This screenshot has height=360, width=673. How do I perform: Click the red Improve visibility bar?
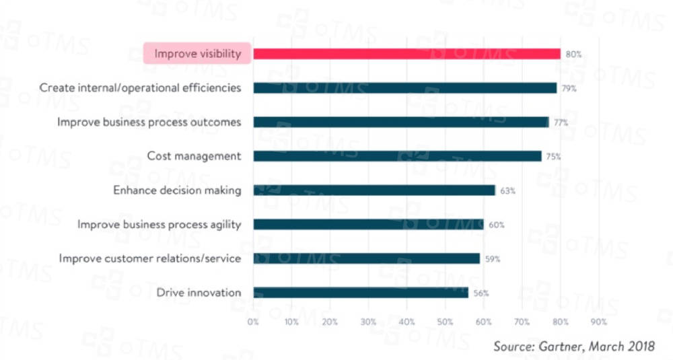pos(406,54)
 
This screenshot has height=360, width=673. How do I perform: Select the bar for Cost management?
pos(397,156)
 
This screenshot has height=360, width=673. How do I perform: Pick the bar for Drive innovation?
pos(361,293)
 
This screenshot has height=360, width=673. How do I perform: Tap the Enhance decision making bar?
pos(374,190)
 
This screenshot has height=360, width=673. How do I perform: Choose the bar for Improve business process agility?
pos(368,225)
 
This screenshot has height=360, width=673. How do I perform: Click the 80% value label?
pos(573,54)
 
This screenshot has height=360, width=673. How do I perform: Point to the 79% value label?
pos(569,88)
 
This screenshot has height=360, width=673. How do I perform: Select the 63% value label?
pos(508,190)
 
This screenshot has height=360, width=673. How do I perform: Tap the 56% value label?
pos(481,293)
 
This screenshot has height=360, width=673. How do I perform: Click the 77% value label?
pos(561,122)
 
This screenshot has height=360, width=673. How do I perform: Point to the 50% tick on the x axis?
pos(445,322)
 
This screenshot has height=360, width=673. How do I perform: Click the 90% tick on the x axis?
pos(598,322)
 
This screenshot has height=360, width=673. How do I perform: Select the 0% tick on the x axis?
pos(253,322)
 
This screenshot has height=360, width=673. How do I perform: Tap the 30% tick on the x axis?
pos(368,322)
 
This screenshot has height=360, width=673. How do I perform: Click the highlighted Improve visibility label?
pos(198,54)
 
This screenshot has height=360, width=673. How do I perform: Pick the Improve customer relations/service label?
pos(150,258)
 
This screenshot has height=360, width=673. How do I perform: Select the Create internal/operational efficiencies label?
pos(140,88)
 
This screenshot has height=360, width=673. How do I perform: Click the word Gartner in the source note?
pos(560,346)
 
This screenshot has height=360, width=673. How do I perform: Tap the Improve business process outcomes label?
pos(149,122)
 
